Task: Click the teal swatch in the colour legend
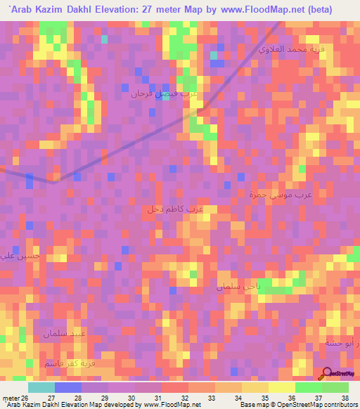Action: pyautogui.click(x=41, y=387)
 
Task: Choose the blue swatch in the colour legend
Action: pyautogui.click(x=68, y=387)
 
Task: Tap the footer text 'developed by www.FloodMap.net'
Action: pyautogui.click(x=147, y=405)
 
